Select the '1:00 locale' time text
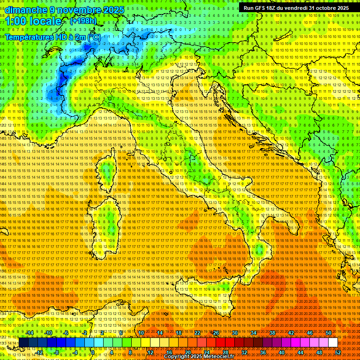(x=33, y=22)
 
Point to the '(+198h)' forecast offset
(x=83, y=21)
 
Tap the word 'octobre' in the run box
(x=322, y=8)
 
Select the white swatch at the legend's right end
(x=333, y=343)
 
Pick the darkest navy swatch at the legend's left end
(x=23, y=343)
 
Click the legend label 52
(x=338, y=352)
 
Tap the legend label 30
(x=234, y=333)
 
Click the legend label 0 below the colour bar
(x=93, y=352)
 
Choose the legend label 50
(x=328, y=333)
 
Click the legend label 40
(x=281, y=352)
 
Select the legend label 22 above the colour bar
(x=197, y=333)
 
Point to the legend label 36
(x=262, y=352)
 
